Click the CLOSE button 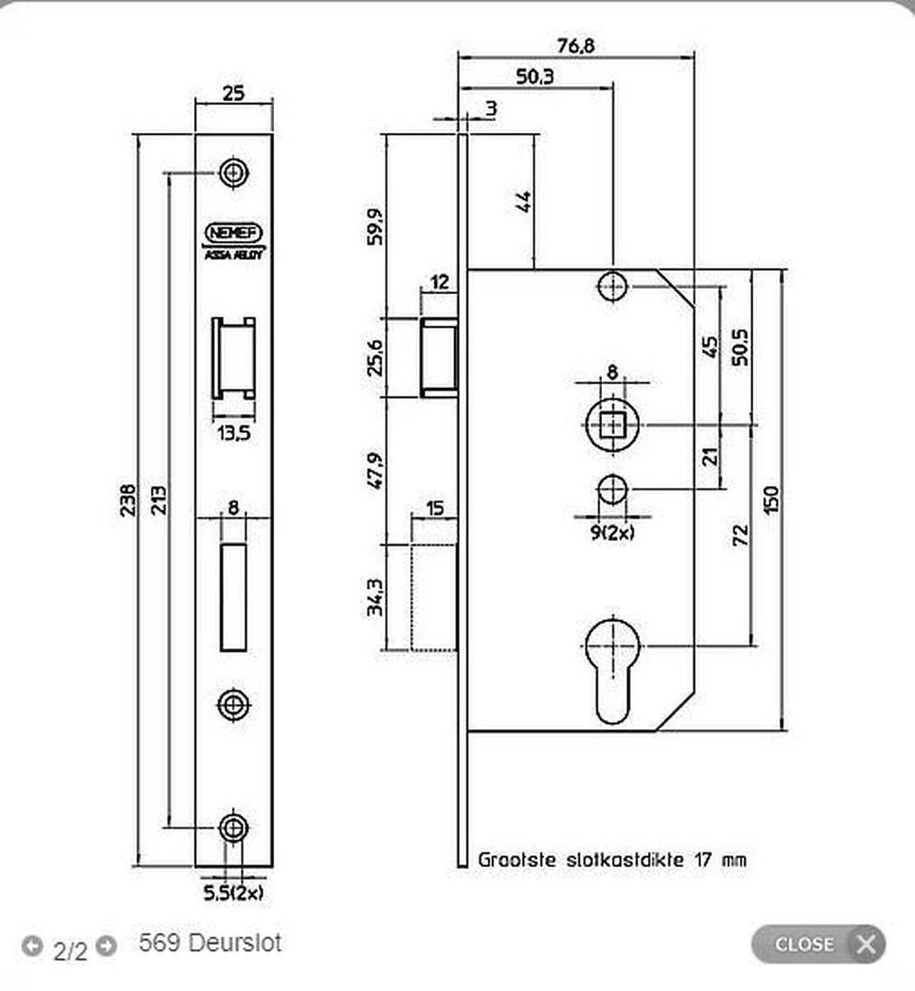[818, 944]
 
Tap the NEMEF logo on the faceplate [234, 232]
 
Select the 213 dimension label [159, 500]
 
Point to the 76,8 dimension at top [576, 46]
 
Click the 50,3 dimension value [535, 77]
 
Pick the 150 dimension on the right [771, 500]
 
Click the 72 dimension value [741, 536]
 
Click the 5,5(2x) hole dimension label [235, 893]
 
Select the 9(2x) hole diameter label [612, 533]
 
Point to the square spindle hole [612, 424]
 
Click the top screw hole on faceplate [234, 173]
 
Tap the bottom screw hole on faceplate [234, 827]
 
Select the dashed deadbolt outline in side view [434, 597]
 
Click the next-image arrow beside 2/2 [106, 945]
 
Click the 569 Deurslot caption [211, 943]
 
